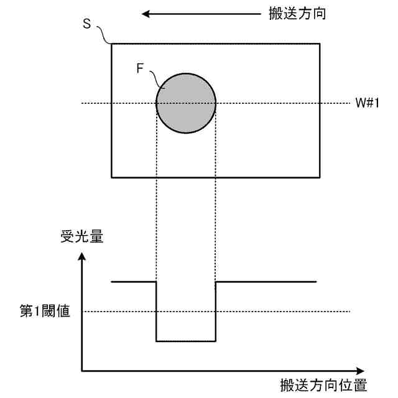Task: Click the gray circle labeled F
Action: [x=186, y=103]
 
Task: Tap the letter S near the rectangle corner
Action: [x=86, y=25]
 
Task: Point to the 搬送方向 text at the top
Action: [x=300, y=13]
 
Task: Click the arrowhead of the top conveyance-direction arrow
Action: [x=146, y=13]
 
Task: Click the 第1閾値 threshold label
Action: [x=45, y=311]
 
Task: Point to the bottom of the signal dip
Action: [x=186, y=341]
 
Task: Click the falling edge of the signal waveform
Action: [x=156, y=311]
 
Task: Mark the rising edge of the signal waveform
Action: [x=216, y=311]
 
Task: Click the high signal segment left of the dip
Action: [x=133, y=282]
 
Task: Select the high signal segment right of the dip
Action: [x=266, y=282]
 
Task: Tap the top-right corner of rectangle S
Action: [x=320, y=44]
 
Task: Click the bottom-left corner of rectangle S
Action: [x=111, y=177]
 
